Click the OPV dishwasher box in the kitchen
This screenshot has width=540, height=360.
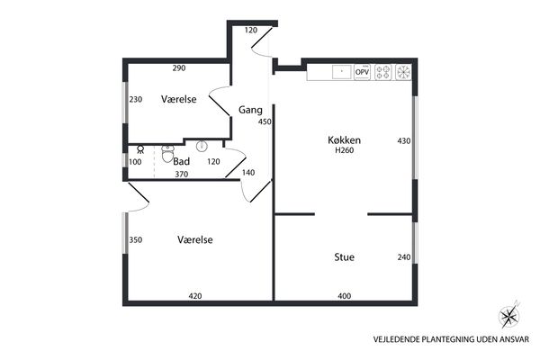362,72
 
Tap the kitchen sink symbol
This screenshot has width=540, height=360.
342,72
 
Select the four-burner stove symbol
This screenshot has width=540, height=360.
383,72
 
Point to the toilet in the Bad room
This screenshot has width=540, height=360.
167,154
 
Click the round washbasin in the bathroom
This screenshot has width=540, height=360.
202,147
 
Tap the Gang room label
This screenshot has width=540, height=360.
250,110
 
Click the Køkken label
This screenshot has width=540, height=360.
344,139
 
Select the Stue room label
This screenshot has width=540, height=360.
344,257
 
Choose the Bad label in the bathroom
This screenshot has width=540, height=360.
181,161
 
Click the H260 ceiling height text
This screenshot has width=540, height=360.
345,150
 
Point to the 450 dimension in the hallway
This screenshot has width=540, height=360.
265,121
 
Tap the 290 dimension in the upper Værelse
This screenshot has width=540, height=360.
179,68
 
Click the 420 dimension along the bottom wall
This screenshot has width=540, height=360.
195,296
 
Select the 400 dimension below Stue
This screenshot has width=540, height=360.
345,296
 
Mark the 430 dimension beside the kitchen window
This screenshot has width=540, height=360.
404,140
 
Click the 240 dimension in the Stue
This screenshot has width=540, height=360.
404,257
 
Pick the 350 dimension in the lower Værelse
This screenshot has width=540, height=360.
136,239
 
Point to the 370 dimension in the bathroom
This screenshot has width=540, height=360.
182,175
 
